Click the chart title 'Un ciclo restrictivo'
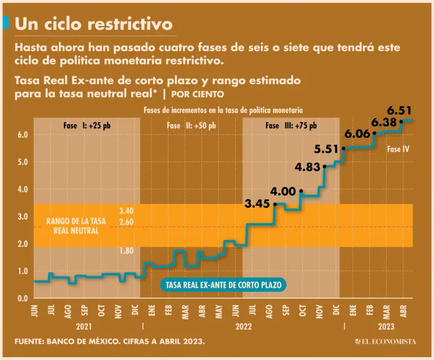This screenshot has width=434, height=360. (94, 23)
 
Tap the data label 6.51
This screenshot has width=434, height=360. (399, 111)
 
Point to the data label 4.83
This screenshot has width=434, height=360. (308, 167)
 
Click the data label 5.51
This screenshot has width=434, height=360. (327, 149)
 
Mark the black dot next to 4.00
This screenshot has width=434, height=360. (301, 192)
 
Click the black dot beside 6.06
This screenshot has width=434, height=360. (374, 134)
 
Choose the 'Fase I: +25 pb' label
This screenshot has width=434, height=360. (87, 125)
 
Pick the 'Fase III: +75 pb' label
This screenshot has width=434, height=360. (291, 125)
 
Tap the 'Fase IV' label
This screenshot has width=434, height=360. (398, 150)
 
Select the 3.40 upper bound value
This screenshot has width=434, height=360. (126, 211)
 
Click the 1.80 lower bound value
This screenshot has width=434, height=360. (126, 250)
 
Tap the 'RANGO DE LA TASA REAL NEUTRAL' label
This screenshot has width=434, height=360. (76, 226)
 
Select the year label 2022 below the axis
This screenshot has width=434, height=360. (244, 327)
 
